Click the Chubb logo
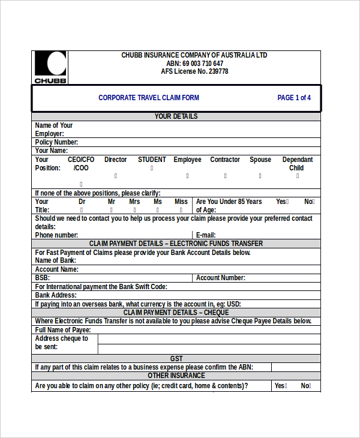(50, 67)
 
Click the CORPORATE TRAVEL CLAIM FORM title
(149, 98)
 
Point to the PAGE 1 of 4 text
(294, 98)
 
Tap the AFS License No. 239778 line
(194, 71)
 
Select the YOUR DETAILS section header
(176, 116)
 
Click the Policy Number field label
(56, 142)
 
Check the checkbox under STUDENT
(152, 169)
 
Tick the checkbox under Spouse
(260, 176)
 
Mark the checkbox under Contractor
(225, 176)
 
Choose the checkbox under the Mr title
(112, 211)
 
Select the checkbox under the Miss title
(181, 211)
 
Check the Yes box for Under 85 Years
(287, 202)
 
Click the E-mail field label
(205, 235)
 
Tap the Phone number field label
(56, 235)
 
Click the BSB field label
(42, 278)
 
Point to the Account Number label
(220, 278)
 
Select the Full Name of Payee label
(63, 330)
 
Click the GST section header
(176, 359)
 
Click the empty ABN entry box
(295, 367)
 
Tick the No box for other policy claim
(312, 386)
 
